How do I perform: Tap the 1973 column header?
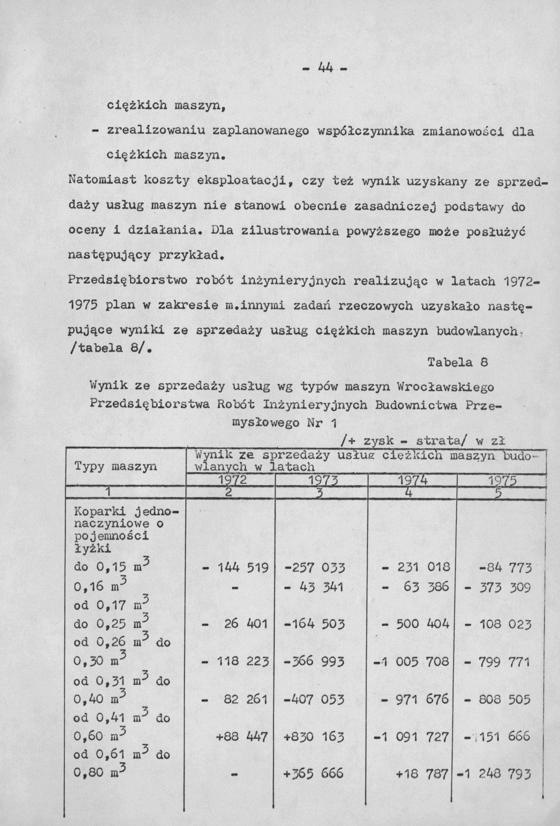pos(322,480)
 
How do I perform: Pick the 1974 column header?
pos(413,480)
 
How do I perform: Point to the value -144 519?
pos(235,567)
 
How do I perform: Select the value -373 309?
pos(498,587)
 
